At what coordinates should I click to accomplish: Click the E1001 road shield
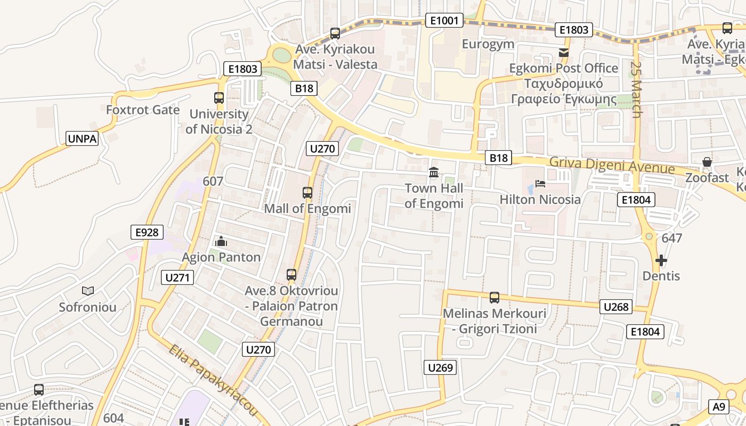444,21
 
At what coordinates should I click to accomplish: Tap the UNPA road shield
83,139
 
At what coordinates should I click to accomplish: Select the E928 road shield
147,232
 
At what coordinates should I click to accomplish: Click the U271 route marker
177,277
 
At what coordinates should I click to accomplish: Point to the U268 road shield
617,307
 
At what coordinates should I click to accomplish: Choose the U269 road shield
441,367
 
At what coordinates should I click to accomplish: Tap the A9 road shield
719,407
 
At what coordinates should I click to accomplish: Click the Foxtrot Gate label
143,110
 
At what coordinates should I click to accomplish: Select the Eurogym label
488,44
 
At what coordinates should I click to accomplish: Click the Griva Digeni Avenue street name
612,166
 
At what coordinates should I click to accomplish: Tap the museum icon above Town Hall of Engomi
434,173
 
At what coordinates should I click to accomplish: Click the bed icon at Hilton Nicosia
540,184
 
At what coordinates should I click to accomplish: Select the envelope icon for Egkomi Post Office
563,52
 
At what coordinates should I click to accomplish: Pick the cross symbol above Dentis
661,260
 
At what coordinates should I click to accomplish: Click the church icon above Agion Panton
221,242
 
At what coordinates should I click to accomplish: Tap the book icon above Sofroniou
88,291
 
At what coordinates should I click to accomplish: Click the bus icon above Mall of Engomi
307,193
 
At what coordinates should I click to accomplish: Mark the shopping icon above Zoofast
707,162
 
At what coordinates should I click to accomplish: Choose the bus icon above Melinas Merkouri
494,297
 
